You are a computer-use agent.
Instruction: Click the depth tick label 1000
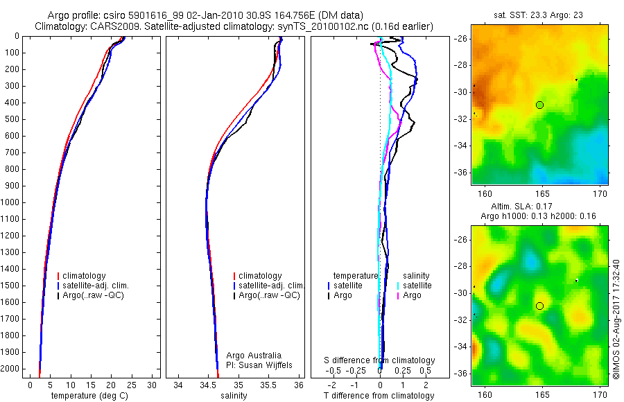[x=12, y=202]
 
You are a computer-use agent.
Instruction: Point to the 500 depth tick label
[x=14, y=119]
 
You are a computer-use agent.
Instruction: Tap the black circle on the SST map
[x=539, y=105]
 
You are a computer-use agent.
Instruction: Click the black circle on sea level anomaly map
[x=539, y=306]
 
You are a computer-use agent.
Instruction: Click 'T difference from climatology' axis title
[x=379, y=396]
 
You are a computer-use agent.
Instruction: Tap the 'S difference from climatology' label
[x=379, y=360]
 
